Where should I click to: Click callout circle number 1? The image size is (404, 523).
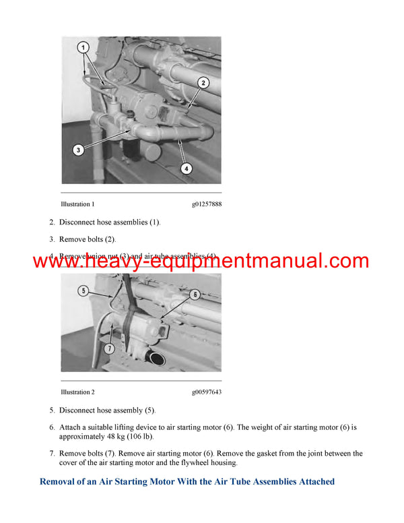83,49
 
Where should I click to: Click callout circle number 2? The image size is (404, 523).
203,84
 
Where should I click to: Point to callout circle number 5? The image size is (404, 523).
83,291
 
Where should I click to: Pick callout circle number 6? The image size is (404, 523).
195,295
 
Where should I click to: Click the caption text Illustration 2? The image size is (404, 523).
77,392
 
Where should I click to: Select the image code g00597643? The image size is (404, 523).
206,392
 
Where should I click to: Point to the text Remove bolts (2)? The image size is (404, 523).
88,239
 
